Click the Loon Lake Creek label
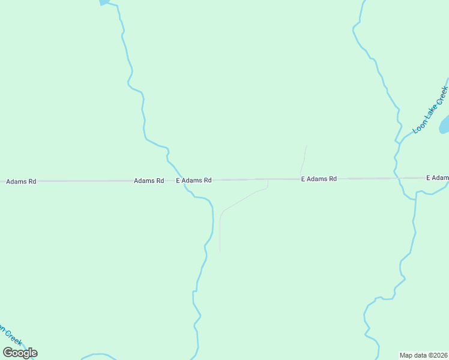[430, 110]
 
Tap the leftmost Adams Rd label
[21, 181]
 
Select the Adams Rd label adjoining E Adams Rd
[149, 180]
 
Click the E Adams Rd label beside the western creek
[194, 180]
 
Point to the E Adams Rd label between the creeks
[319, 179]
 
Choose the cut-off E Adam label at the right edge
[437, 178]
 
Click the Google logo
[20, 353]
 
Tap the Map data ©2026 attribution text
[424, 355]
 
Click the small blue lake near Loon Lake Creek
[445, 125]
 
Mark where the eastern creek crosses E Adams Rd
[398, 178]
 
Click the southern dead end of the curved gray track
[220, 251]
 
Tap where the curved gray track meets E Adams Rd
[268, 179]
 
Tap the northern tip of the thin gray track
[306, 146]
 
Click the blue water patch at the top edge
[104, 2]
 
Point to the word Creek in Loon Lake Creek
[441, 96]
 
